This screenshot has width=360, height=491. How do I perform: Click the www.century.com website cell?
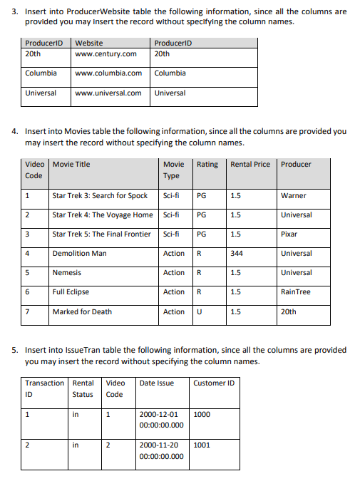tap(106, 53)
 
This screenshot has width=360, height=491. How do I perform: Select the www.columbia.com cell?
tap(108, 73)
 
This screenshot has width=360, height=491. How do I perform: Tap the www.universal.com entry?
tap(108, 93)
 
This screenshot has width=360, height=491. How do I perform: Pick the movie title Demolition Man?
tap(79, 253)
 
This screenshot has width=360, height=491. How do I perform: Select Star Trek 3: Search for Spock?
tap(100, 195)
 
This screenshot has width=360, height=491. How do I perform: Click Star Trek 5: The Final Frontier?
tap(101, 234)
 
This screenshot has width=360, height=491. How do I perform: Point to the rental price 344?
tap(237, 253)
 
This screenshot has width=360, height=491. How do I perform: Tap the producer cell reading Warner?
tap(294, 195)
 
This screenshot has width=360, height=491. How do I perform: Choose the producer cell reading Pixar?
tap(290, 234)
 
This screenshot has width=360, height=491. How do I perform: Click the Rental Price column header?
tap(250, 164)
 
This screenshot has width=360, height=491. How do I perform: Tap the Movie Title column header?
tap(71, 164)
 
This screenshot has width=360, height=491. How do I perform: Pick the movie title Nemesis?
tap(67, 273)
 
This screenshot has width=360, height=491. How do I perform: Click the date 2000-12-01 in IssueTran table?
tap(158, 413)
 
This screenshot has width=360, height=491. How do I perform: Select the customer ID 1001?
tap(202, 445)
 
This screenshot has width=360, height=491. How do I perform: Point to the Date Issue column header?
tap(157, 383)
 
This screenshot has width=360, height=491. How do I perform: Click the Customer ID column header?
tap(213, 383)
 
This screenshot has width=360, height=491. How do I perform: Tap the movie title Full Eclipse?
tap(71, 292)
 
